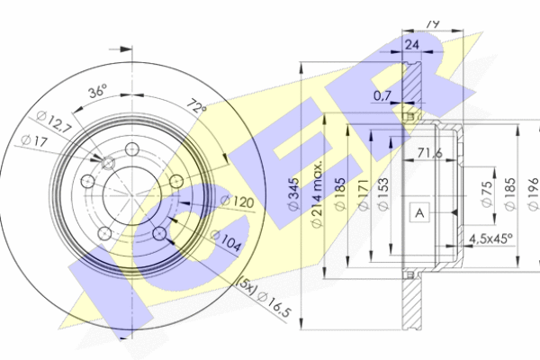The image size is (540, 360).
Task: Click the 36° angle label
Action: [x=97, y=92]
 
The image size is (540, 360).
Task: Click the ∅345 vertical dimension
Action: [x=292, y=194]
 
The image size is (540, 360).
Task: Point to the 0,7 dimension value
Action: [x=383, y=94]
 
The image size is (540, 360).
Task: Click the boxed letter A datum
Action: [x=418, y=212]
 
